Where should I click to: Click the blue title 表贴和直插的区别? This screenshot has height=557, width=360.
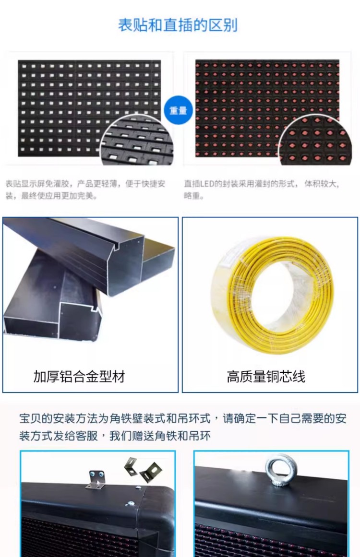(178, 25)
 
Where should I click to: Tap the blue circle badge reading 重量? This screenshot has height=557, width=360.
(178, 110)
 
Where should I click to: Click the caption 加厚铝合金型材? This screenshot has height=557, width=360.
(79, 377)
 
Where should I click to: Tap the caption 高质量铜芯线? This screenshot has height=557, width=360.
(266, 377)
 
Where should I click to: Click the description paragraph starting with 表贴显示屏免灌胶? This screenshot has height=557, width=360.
(85, 190)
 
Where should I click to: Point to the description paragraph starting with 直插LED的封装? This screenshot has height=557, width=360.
(262, 190)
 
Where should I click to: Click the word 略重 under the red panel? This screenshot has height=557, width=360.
(192, 196)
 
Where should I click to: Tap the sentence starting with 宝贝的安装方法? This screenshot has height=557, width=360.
(183, 427)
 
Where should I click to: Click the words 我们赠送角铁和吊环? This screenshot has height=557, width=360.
(160, 436)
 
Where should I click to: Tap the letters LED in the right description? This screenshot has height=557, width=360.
(206, 184)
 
